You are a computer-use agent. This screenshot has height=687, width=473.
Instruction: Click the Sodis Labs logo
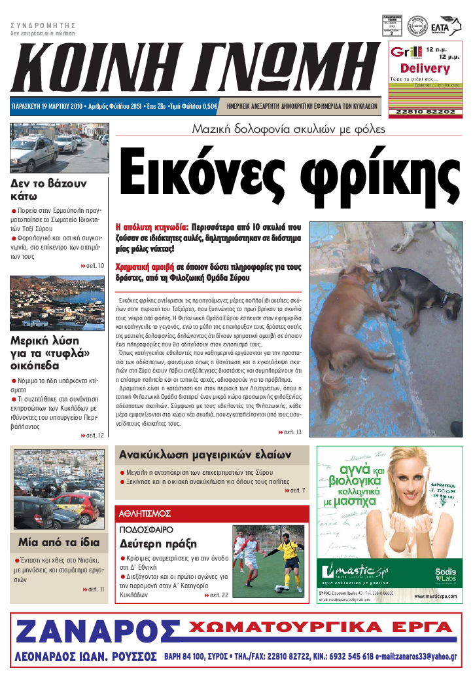click(x=446, y=574)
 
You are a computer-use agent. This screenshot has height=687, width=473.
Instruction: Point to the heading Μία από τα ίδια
click(x=59, y=542)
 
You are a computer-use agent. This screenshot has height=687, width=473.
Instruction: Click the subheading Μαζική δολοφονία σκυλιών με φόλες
click(x=288, y=129)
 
